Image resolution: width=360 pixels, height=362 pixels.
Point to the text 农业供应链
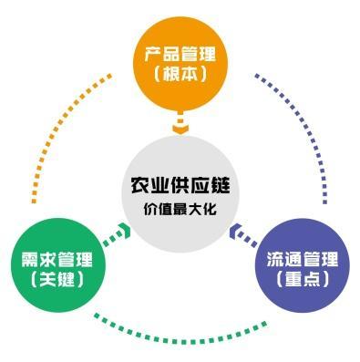tap(180, 185)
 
